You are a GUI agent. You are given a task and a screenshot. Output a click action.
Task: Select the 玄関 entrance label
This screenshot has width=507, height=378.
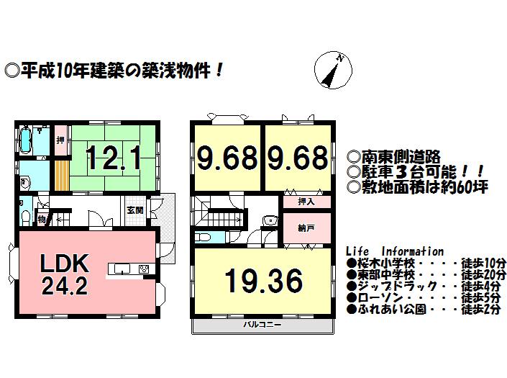click(135, 210)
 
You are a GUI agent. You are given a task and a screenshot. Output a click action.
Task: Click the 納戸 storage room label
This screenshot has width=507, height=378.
click(306, 228)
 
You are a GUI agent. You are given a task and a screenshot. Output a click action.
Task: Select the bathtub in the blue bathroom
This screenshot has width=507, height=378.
click(25, 140)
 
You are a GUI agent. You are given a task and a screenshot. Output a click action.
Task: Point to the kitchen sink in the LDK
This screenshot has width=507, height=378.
click(121, 270)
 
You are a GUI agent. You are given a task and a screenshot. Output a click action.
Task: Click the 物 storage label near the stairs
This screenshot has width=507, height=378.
click(42, 217)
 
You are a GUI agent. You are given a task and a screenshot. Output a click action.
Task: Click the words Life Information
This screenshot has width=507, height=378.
click(395, 251)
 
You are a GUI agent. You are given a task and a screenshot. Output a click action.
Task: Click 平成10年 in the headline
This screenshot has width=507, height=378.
click(48, 71)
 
